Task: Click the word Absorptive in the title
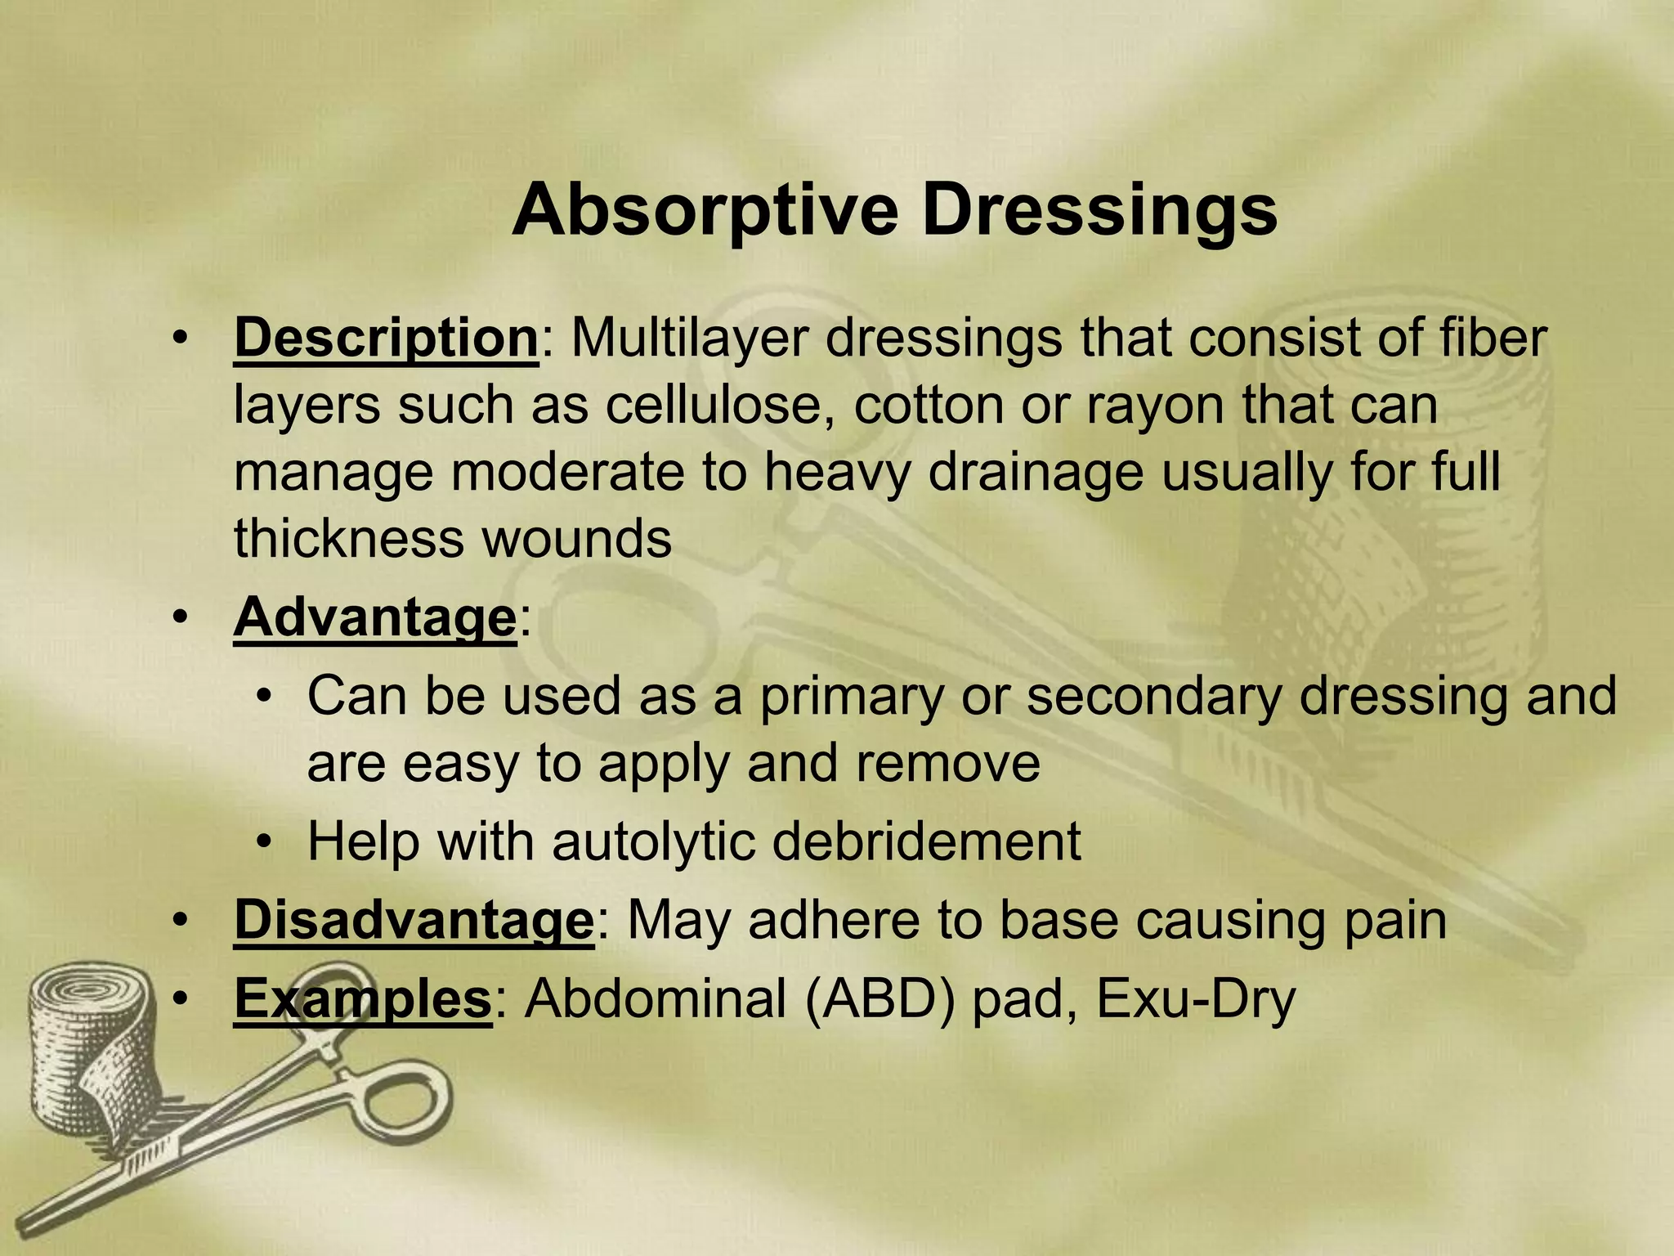pyautogui.click(x=705, y=210)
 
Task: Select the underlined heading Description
pyautogui.click(x=386, y=338)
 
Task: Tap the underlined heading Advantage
pyautogui.click(x=375, y=617)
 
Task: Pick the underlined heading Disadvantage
pyautogui.click(x=414, y=920)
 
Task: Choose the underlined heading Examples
pyautogui.click(x=363, y=998)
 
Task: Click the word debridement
pyautogui.click(x=926, y=841)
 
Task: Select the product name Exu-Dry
pyautogui.click(x=1195, y=998)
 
